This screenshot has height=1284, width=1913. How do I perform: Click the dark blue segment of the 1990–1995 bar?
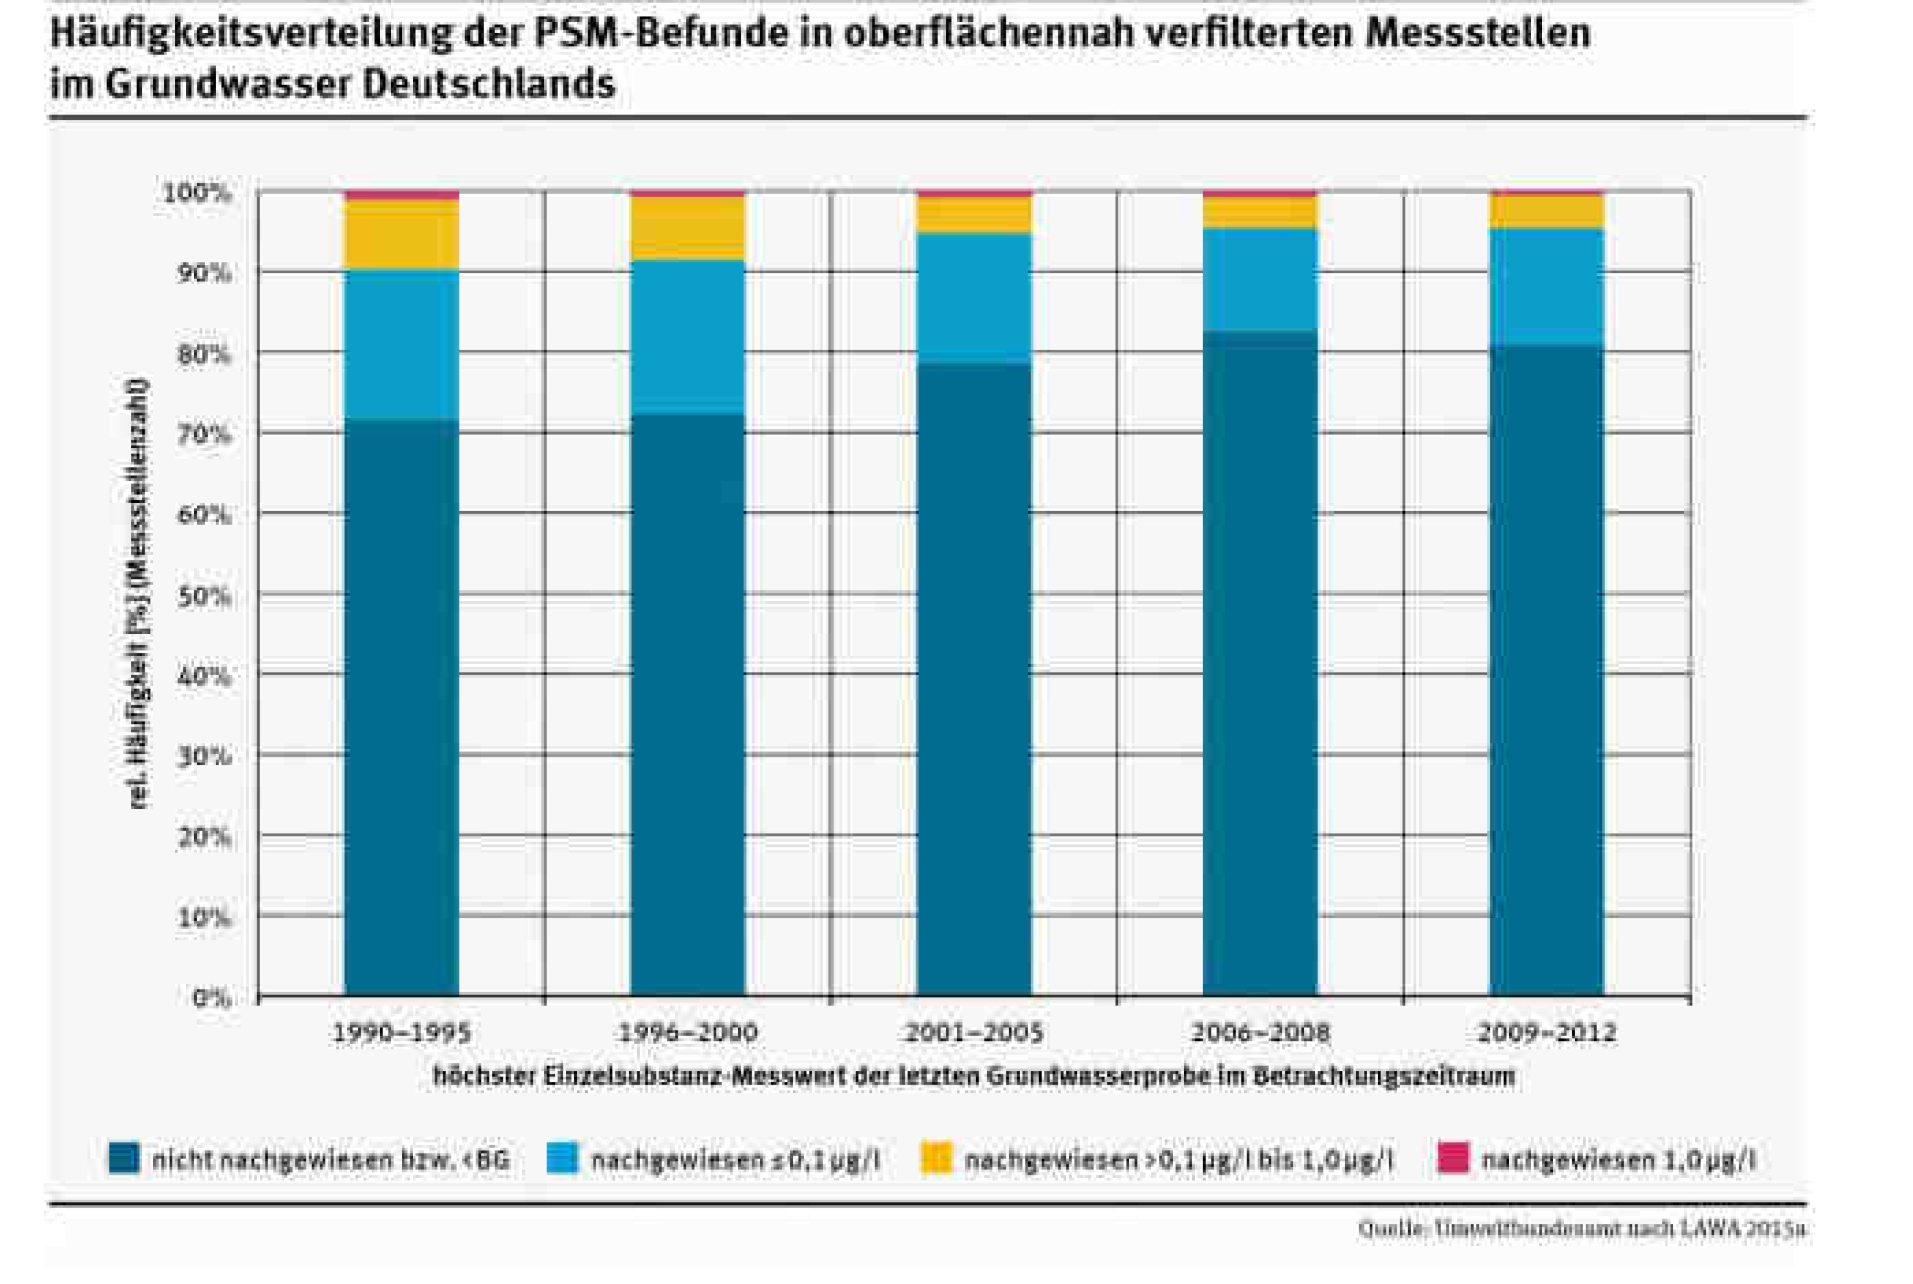(401, 704)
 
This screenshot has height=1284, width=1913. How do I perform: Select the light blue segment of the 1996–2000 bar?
(687, 338)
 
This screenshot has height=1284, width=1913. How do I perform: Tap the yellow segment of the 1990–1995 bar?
(401, 235)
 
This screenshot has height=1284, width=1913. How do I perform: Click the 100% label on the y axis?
(197, 194)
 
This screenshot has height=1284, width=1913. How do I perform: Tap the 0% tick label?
(212, 997)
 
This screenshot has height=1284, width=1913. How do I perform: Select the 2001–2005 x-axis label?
(974, 1033)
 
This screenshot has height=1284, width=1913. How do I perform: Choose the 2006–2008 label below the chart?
(1260, 1033)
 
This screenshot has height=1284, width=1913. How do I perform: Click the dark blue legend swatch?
(123, 1158)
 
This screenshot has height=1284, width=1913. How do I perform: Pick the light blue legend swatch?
(562, 1158)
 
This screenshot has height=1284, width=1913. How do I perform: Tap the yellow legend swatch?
(936, 1158)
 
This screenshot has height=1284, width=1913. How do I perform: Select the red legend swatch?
(1453, 1158)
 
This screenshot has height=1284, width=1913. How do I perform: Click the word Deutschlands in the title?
(488, 84)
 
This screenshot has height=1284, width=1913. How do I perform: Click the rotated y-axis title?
(140, 593)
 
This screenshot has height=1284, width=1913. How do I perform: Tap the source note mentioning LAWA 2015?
(1581, 1229)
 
